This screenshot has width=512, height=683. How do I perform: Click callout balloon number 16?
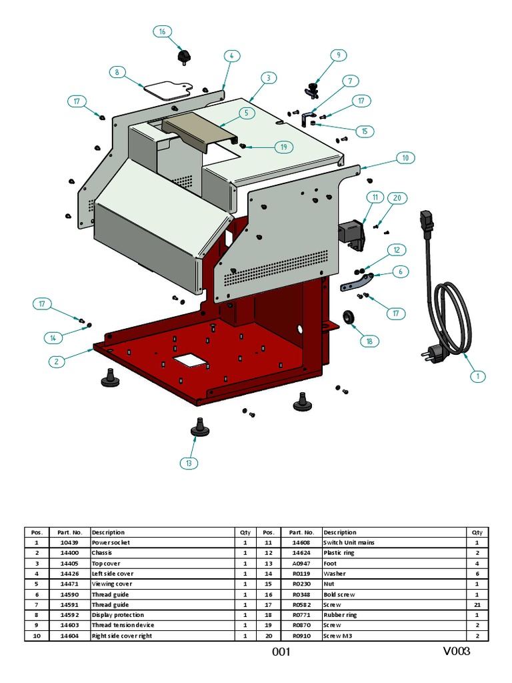[162, 31]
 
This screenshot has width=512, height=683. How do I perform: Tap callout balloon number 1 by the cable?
[477, 376]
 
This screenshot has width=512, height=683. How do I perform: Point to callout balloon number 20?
[397, 198]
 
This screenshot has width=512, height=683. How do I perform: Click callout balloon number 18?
[369, 341]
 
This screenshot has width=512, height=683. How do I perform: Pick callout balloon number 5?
[246, 113]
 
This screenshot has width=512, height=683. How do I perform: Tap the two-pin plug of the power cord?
[428, 356]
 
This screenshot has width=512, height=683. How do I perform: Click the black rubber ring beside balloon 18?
[347, 315]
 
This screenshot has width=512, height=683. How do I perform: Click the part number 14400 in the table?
[69, 553]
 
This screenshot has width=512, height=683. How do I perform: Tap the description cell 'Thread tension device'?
[123, 625]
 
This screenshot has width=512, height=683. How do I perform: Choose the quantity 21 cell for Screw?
[477, 604]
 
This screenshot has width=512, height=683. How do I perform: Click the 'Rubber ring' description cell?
[341, 615]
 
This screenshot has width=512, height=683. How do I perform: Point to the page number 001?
[281, 652]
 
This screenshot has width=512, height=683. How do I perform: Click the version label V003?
[456, 651]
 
